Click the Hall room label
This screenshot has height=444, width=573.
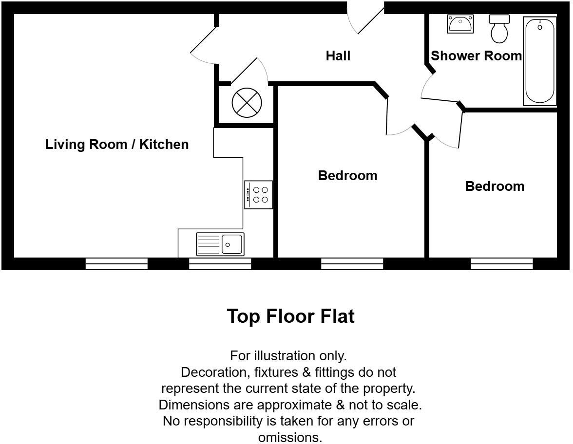coord(338,56)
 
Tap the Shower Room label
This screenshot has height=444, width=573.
coord(476,56)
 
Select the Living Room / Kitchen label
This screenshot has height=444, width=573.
coord(117,145)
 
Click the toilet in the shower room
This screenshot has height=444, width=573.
coord(499,29)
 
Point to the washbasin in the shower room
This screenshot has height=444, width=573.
coord(460,24)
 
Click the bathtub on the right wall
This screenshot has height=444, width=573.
coord(539,60)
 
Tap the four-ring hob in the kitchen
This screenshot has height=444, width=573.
coord(259,195)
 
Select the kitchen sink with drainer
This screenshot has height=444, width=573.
coord(220,244)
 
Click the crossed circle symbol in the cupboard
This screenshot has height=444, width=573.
coord(247,103)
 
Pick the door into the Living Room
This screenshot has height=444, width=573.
coord(202,46)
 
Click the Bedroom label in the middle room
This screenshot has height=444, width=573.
coord(347,176)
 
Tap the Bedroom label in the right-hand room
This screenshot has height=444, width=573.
coord(495,186)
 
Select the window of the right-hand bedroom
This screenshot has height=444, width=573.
coord(501,264)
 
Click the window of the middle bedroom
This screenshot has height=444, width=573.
coord(352,264)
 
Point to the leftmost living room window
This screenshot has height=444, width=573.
coord(116,264)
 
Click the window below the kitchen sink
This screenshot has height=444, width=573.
coord(220,264)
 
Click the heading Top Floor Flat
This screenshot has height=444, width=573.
coord(290,316)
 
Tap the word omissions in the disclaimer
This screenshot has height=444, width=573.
coord(290,437)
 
